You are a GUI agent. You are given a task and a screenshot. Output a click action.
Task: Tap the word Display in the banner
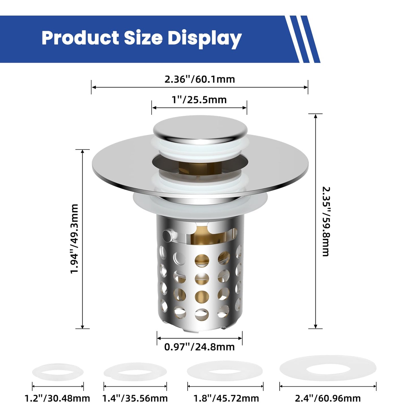[204, 38]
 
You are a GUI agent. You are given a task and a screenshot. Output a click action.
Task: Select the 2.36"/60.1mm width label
[200, 79]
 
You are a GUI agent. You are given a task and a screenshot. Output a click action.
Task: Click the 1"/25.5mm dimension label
[199, 100]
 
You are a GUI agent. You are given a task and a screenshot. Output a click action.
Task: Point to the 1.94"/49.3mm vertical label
[74, 239]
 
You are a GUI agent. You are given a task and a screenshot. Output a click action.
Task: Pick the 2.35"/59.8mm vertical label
[326, 221]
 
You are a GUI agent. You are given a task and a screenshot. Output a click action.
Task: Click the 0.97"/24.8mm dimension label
[199, 347]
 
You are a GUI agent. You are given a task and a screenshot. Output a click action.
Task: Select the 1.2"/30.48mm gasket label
[57, 399]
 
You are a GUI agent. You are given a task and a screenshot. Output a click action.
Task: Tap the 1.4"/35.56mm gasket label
[135, 399]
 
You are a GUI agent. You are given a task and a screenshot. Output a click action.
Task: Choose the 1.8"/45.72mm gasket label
[226, 399]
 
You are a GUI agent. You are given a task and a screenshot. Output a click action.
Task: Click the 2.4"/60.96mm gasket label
[328, 399]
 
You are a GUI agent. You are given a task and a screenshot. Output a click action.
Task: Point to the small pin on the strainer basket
[167, 235]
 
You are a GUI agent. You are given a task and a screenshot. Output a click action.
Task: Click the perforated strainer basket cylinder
[200, 283]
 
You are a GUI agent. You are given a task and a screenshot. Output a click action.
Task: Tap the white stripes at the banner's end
[302, 39]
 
